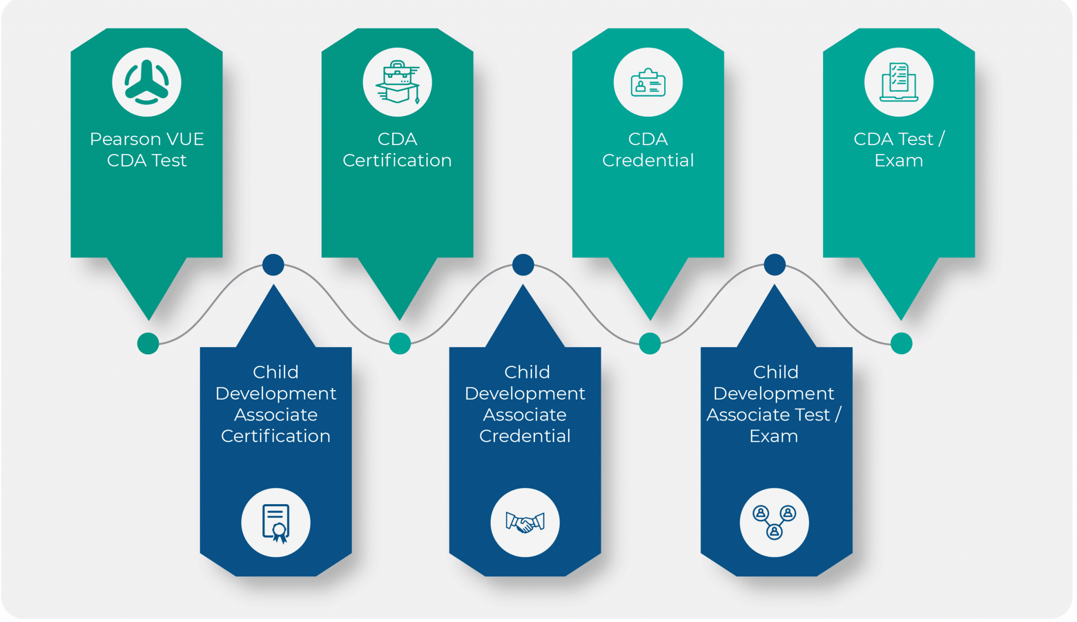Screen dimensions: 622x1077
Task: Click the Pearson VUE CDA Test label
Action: pos(147,149)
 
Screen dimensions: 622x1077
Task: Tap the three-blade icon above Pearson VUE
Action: pos(147,83)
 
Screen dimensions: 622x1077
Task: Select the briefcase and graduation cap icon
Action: pos(398,83)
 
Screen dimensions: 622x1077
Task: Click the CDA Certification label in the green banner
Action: pos(397,149)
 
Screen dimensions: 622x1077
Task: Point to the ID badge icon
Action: pos(648,83)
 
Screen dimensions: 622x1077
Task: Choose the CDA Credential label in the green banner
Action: pos(648,149)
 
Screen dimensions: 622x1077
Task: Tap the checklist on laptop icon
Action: pos(899,83)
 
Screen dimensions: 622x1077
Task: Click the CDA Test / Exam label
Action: pos(899,149)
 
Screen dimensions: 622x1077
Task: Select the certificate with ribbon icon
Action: pos(276,523)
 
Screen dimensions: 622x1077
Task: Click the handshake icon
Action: pos(525,523)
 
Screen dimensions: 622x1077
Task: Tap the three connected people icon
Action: pos(774,523)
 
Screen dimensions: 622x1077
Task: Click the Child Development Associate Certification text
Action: pos(276,404)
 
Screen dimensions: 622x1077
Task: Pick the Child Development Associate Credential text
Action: pos(525,404)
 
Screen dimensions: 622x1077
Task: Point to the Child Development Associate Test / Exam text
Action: pos(774,404)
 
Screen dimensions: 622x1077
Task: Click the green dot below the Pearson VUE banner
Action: pos(148,343)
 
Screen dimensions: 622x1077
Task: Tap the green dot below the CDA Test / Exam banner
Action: pos(901,343)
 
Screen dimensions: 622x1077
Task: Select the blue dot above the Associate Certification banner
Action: pos(273,264)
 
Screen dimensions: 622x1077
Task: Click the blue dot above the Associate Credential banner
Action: pos(523,264)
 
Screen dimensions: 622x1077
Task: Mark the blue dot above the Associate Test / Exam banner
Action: pos(775,264)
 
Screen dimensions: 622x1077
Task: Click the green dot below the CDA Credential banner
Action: pos(650,343)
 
